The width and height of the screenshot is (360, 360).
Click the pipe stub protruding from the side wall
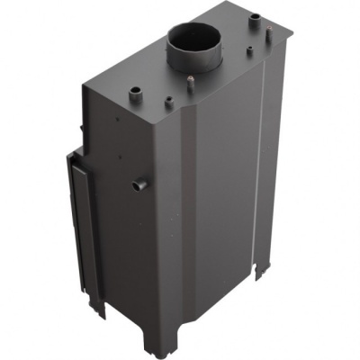coord(137,185)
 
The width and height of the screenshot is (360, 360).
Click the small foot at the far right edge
coord(263,268)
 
